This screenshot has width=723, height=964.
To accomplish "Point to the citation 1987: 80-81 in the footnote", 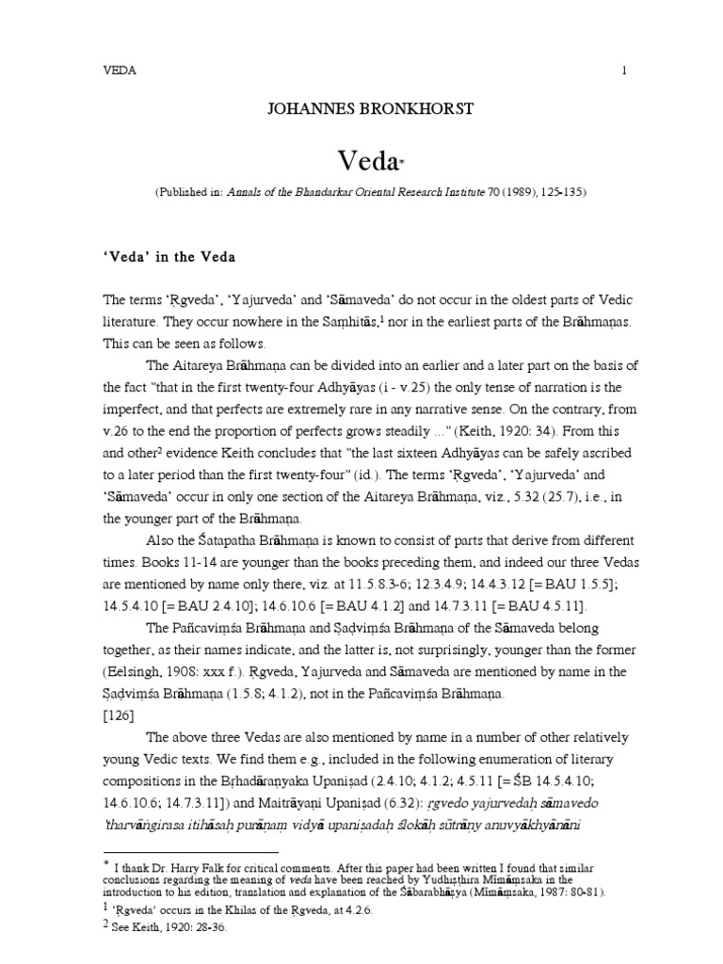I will (570, 892).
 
